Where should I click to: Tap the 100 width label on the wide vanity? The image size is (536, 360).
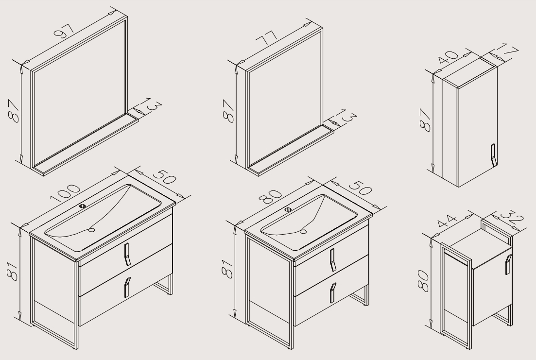click(x=65, y=193)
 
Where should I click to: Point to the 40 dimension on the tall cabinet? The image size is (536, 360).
click(x=448, y=57)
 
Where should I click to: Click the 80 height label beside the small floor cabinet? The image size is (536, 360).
click(x=423, y=281)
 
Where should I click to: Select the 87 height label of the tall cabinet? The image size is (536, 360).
click(x=425, y=120)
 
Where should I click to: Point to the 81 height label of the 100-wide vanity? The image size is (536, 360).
click(x=13, y=271)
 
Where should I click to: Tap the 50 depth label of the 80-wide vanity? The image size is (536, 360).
click(x=360, y=187)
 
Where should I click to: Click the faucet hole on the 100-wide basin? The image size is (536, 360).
click(x=83, y=206)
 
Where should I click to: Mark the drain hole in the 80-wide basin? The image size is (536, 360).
click(x=303, y=232)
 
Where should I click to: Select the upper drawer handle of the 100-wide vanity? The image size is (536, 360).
click(x=127, y=255)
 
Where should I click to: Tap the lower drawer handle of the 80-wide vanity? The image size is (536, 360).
click(x=332, y=293)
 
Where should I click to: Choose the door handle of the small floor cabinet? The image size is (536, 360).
click(x=508, y=265)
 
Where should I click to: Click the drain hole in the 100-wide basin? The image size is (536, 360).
click(x=91, y=230)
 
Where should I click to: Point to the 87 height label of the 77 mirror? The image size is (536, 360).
click(x=229, y=111)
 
